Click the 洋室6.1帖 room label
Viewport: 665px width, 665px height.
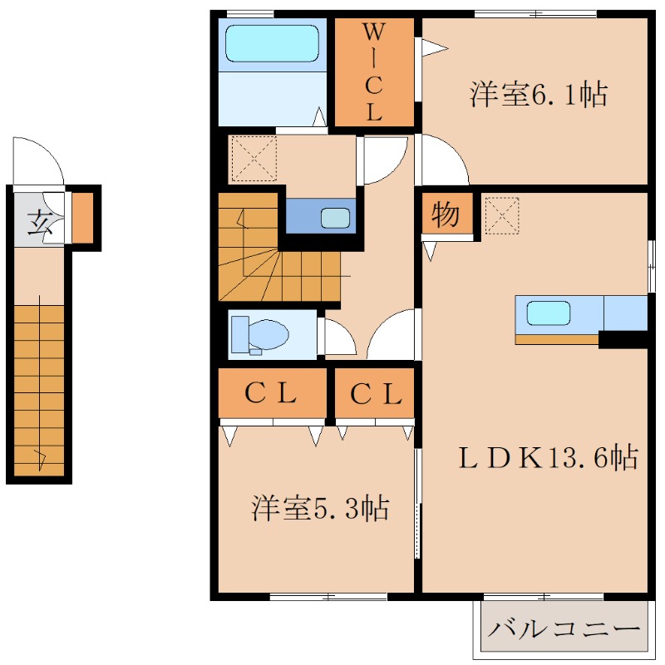click(x=538, y=95)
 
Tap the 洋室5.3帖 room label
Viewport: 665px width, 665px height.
click(x=320, y=507)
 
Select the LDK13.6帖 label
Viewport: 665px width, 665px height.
click(x=549, y=456)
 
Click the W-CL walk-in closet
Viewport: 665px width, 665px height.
click(x=374, y=72)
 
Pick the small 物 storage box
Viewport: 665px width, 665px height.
click(x=446, y=215)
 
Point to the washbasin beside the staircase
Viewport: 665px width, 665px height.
click(x=336, y=217)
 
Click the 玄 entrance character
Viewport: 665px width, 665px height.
click(x=37, y=223)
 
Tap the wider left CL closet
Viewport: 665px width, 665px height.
click(x=272, y=394)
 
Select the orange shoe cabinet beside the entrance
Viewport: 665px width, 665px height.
click(x=82, y=218)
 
